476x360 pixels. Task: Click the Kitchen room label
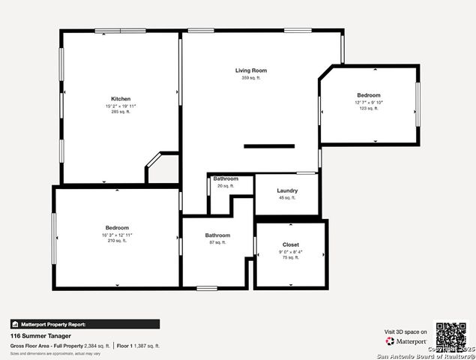[121, 99]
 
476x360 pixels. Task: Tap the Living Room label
[250, 70]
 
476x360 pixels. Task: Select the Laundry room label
[287, 190]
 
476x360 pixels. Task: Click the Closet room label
[291, 244]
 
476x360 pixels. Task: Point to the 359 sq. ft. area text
[250, 78]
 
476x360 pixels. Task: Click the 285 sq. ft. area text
[121, 112]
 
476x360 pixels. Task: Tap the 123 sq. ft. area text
[369, 108]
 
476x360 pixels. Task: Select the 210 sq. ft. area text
[117, 241]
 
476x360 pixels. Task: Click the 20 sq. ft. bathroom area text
[226, 186]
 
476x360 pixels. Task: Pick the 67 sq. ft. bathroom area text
[217, 243]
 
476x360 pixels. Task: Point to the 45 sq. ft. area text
[287, 198]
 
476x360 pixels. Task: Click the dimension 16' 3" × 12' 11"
[117, 235]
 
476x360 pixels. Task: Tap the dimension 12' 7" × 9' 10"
[369, 102]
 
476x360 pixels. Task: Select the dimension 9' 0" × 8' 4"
[291, 251]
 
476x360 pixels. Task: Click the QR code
[451, 336]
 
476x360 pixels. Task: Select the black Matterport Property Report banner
[85, 324]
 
